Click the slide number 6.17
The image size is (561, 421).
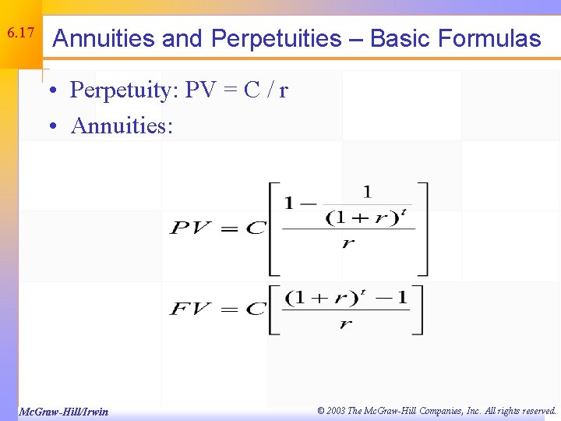pos(19,34)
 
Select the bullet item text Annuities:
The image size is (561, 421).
pos(122,126)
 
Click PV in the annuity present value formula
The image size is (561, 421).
pos(189,228)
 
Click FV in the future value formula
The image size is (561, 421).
pos(189,309)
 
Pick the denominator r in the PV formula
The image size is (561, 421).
pos(348,243)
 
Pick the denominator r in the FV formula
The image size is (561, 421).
pos(345,324)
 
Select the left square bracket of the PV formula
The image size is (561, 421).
pos(273,228)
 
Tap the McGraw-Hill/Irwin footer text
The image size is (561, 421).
pos(63,411)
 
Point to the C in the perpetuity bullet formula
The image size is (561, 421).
pos(251,91)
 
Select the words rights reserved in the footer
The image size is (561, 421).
pos(525,411)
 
